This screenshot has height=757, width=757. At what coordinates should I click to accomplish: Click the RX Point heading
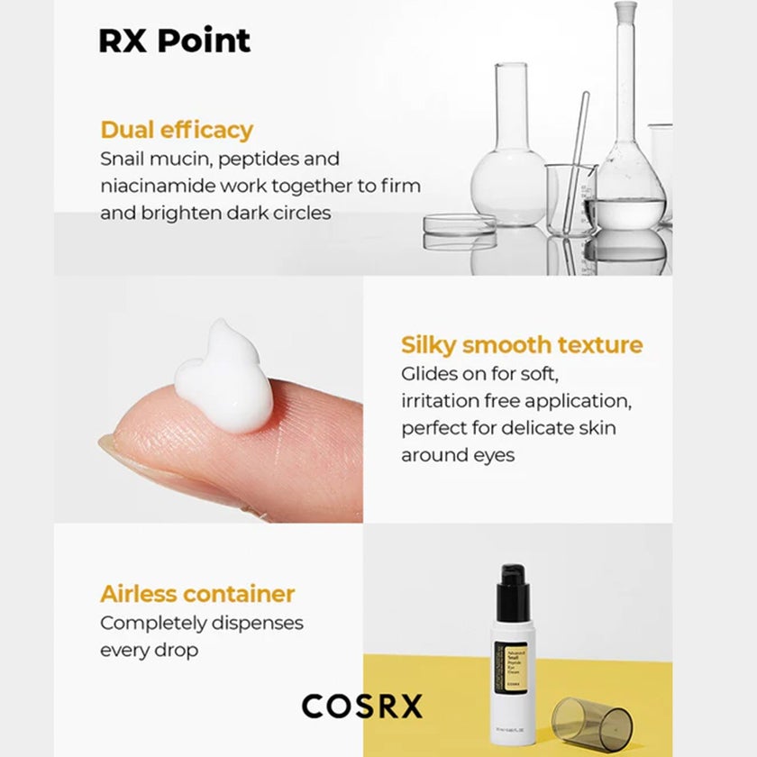[174, 41]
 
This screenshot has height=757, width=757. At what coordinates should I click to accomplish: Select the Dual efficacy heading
[177, 130]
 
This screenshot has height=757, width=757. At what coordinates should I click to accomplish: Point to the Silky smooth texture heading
[522, 345]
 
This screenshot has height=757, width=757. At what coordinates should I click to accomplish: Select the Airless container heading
[197, 594]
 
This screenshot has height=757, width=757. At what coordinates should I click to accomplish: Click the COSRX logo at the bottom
[361, 706]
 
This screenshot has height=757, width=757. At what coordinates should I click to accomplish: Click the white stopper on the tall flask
[625, 11]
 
